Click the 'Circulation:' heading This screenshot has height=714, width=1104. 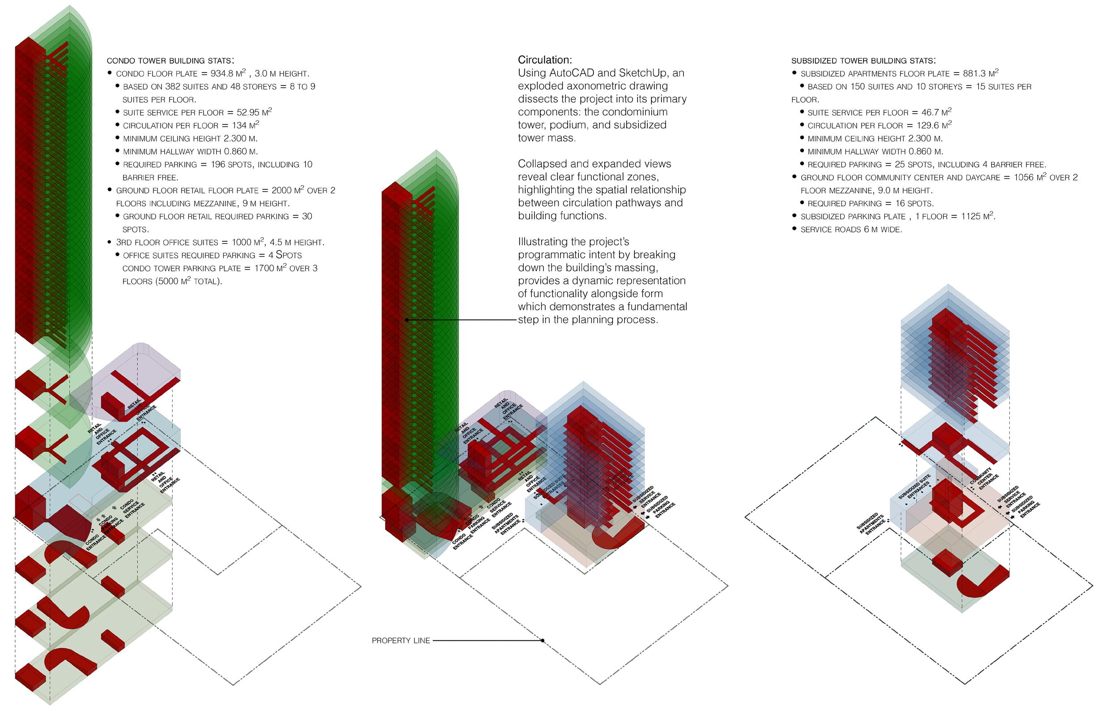point(545,60)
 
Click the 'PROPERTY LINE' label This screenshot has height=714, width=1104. point(401,641)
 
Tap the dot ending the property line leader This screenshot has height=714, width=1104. point(543,641)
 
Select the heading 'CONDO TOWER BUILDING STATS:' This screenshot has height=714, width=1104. point(170,61)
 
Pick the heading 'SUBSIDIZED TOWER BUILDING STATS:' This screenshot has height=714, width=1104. point(863,61)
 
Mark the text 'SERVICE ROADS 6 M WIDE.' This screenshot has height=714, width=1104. point(851,230)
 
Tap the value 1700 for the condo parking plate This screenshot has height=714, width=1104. point(264,269)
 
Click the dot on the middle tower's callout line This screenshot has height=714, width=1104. point(407,320)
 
